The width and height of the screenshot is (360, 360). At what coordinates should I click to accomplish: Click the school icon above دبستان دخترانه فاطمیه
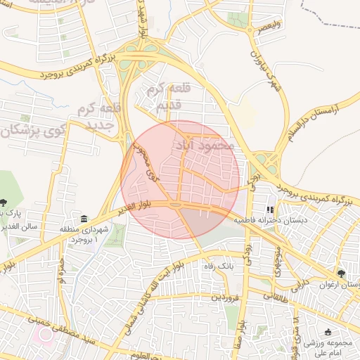269,210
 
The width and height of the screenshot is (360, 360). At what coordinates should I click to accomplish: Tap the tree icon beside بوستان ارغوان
342,273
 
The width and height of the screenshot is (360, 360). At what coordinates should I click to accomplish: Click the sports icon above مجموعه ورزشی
328,333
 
